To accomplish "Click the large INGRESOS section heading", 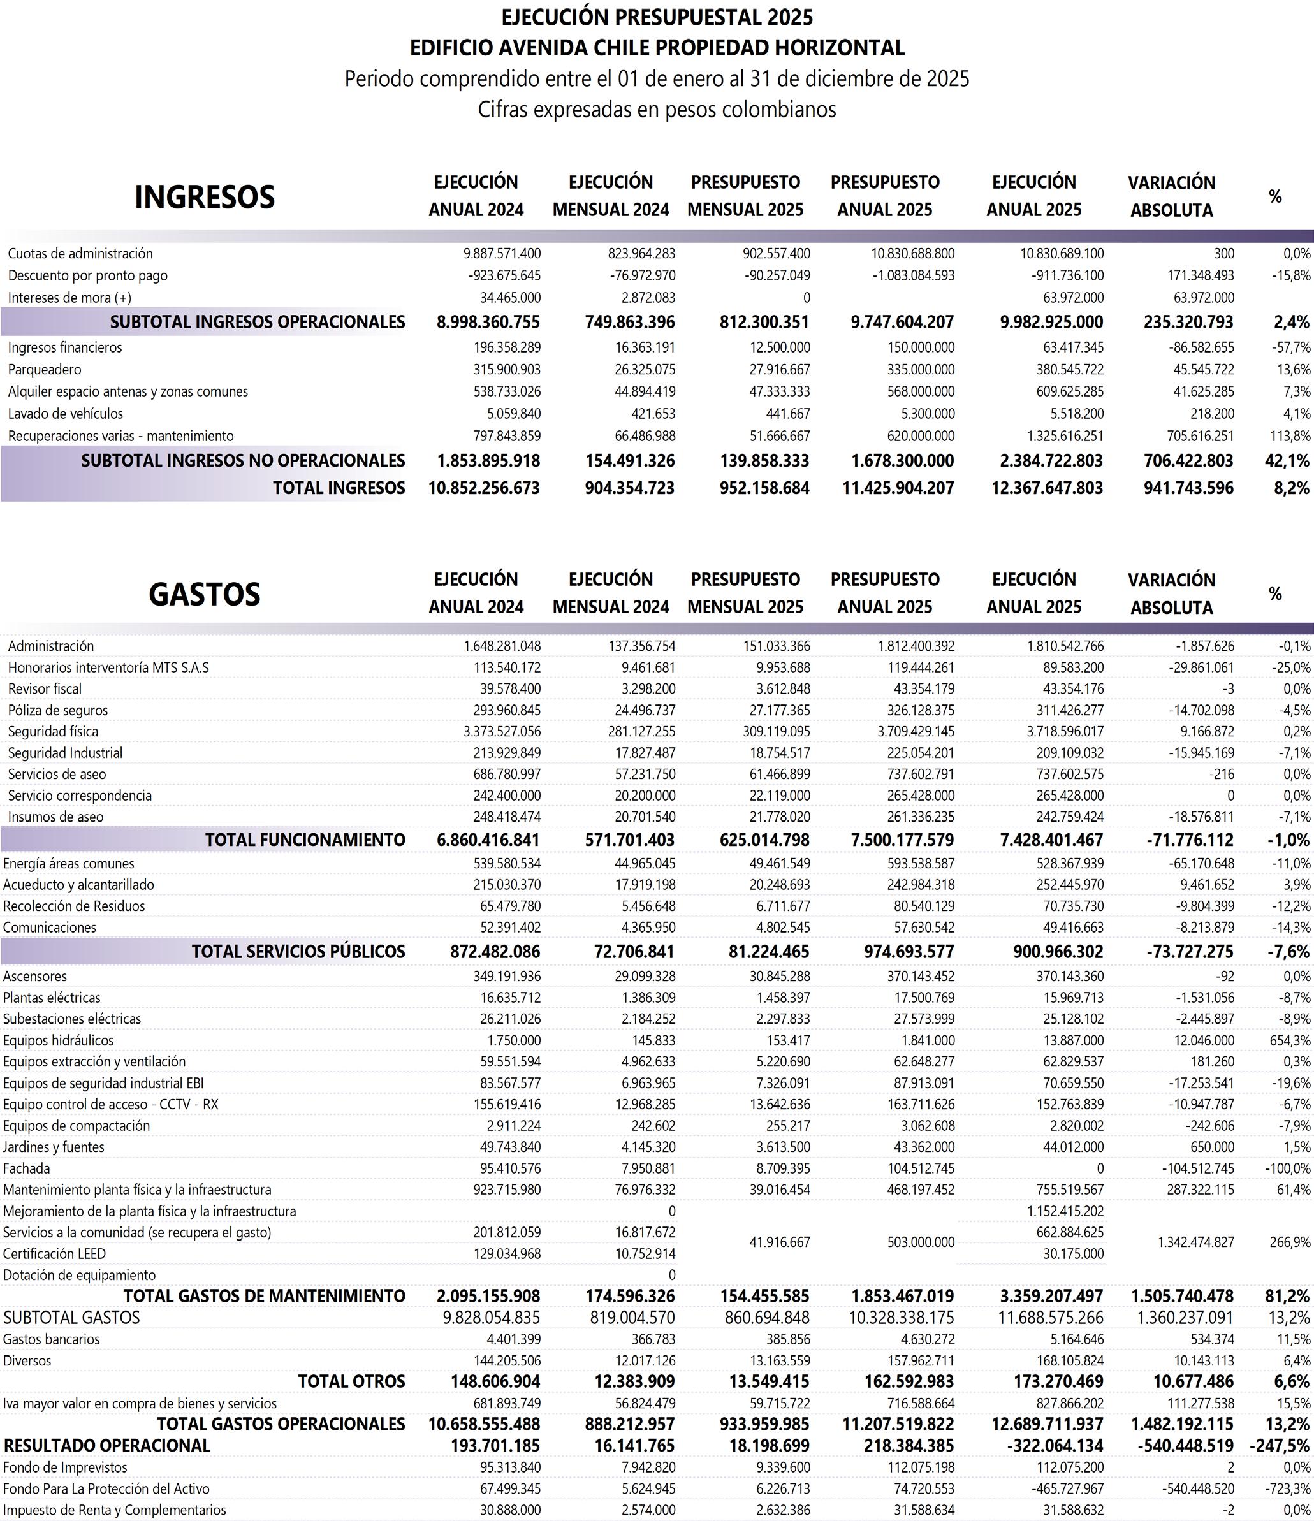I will (204, 197).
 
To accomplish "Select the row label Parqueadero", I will (45, 369).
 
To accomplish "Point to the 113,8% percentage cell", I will (1290, 435).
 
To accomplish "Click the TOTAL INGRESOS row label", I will (339, 488).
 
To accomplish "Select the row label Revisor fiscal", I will (45, 688).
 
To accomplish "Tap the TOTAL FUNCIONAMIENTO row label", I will (305, 840).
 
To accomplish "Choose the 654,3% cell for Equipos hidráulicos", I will (1290, 1040).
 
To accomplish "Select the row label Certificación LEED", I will (54, 1254).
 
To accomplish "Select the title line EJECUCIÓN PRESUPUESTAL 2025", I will (657, 16).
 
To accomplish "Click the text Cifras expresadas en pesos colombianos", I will (657, 110).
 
